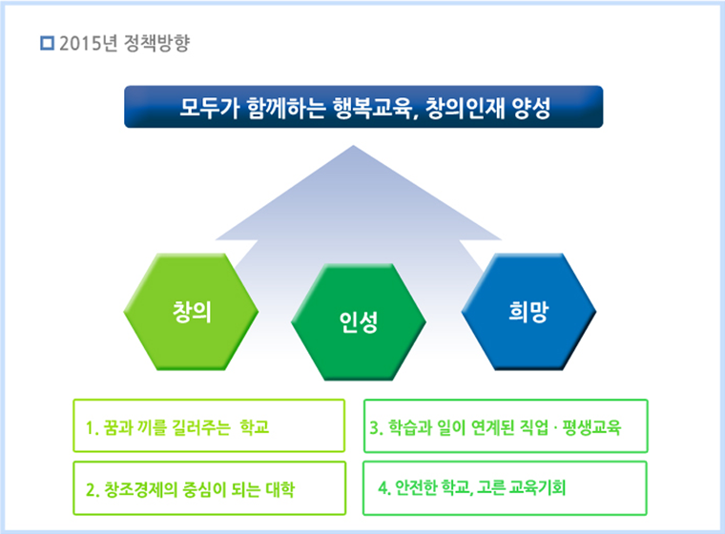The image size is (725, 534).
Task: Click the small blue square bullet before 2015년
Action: pyautogui.click(x=48, y=43)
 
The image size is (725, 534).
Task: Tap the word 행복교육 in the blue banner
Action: pyautogui.click(x=371, y=107)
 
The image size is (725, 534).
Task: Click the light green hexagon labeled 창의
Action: pyautogui.click(x=192, y=313)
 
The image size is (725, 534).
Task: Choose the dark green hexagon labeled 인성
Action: pyautogui.click(x=359, y=323)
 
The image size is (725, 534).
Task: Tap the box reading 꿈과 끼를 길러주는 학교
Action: pyautogui.click(x=208, y=425)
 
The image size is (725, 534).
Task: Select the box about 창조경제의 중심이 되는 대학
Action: pyautogui.click(x=208, y=489)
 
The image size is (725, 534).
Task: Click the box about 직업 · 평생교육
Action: pyautogui.click(x=505, y=425)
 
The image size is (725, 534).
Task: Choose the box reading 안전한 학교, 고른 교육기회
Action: pyautogui.click(x=505, y=488)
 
